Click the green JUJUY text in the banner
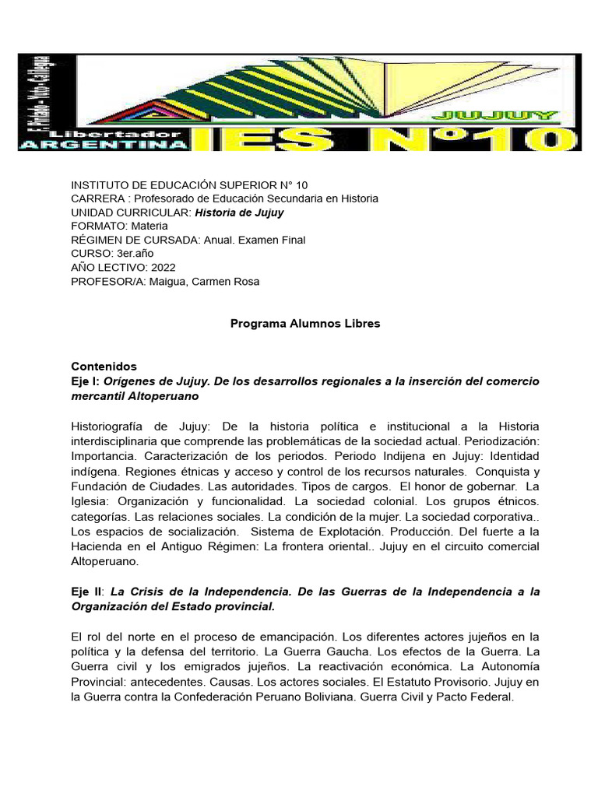click(x=521, y=115)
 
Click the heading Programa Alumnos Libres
click(x=305, y=324)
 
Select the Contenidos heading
click(x=104, y=366)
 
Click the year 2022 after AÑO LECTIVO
click(x=158, y=268)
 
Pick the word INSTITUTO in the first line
click(x=99, y=184)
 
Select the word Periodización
click(x=503, y=441)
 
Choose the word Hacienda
click(x=97, y=546)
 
